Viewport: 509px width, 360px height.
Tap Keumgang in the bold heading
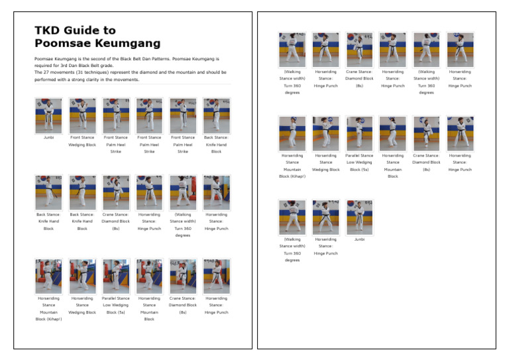point(127,44)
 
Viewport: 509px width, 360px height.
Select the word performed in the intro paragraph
point(46,80)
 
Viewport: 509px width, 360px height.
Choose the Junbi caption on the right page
point(359,239)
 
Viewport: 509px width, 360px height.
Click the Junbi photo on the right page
point(359,217)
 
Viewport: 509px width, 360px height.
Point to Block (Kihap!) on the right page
point(292,176)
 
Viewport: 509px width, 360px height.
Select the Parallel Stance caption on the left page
point(116,298)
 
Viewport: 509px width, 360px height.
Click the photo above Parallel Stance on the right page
point(359,133)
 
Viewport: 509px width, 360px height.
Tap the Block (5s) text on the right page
point(359,169)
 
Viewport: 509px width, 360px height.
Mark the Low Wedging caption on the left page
point(116,305)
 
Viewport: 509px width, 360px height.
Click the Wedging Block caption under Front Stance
point(82,145)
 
